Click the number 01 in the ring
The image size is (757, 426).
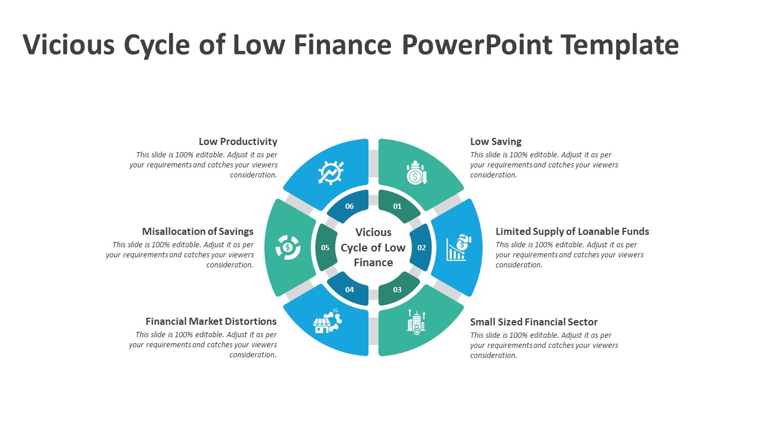[397, 206]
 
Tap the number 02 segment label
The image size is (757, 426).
[422, 247]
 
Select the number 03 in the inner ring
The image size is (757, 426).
[397, 289]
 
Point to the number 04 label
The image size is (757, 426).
[350, 289]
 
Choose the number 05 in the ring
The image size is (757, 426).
[325, 247]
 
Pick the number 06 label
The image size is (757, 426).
[350, 206]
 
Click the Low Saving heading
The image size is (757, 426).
[496, 141]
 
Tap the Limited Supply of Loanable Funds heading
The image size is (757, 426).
[572, 231]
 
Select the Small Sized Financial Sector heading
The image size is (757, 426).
[533, 322]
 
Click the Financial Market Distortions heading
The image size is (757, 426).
[211, 321]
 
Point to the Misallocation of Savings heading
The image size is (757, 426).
[198, 231]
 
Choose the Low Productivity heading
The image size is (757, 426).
[238, 141]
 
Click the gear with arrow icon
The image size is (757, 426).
[331, 173]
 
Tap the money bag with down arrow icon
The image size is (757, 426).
[417, 172]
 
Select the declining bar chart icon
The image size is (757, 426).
[458, 247]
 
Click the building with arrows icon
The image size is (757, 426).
[416, 322]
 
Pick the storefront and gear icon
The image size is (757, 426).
[327, 321]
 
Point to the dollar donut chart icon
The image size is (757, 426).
[288, 247]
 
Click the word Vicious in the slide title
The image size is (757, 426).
[69, 44]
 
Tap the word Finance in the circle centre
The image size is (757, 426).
[373, 263]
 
